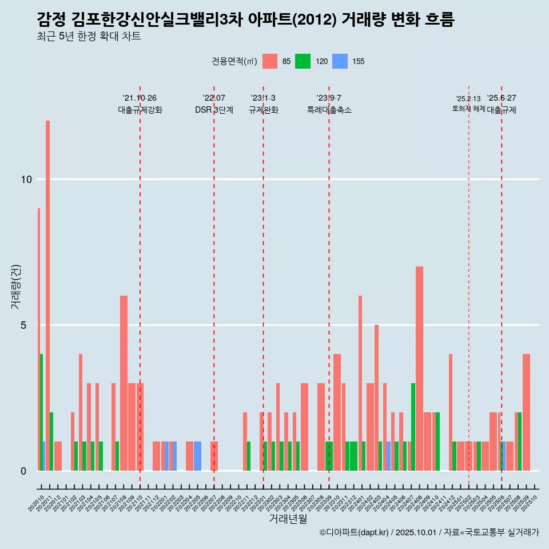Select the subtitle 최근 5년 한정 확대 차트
(89, 37)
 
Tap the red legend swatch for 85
(270, 61)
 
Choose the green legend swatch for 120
(303, 61)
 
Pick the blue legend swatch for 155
(340, 61)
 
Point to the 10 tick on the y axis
(26, 180)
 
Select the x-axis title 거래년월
(288, 519)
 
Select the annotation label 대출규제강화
(140, 110)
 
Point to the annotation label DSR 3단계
(214, 110)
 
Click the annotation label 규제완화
(263, 110)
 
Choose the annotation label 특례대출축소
(329, 110)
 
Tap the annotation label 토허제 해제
(468, 109)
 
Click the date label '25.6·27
(502, 98)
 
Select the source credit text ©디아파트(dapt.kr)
(355, 532)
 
